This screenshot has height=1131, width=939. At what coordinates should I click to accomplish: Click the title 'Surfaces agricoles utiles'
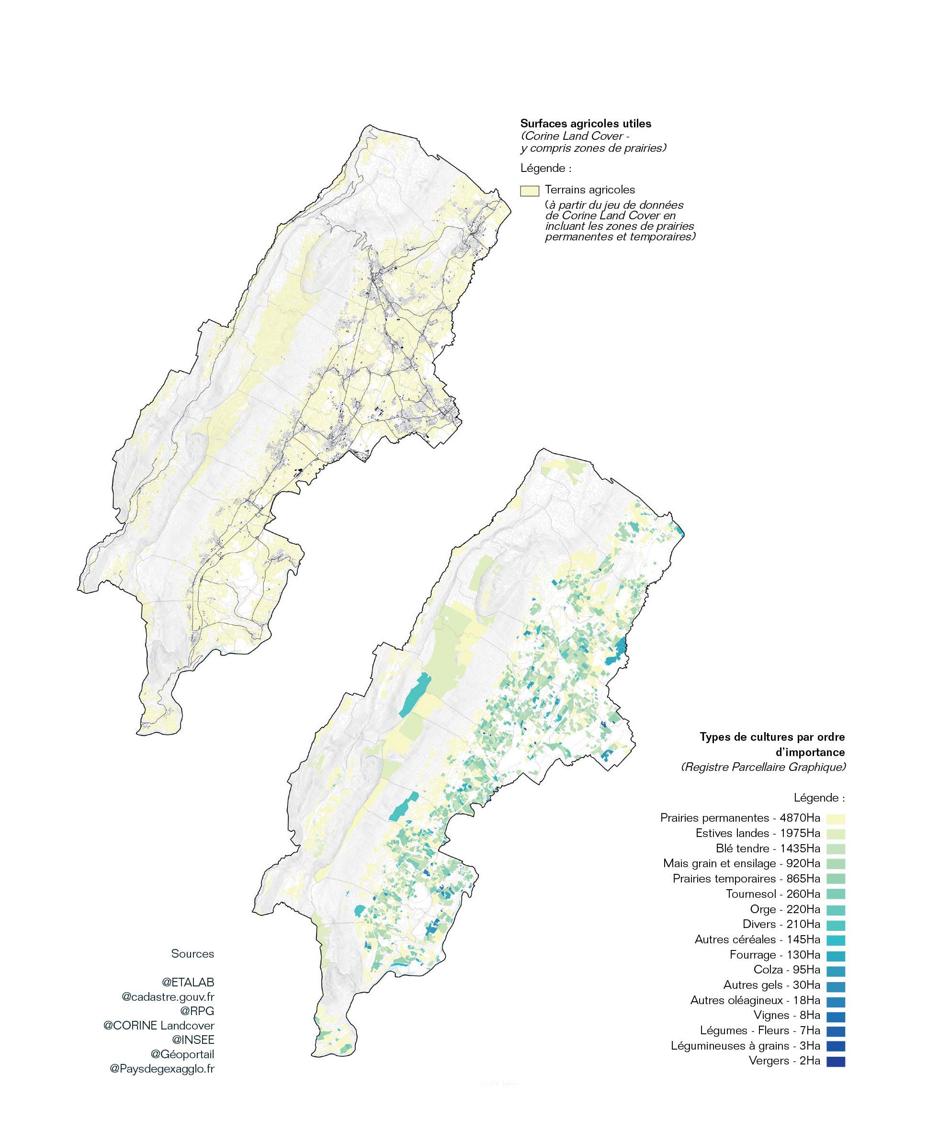(586, 124)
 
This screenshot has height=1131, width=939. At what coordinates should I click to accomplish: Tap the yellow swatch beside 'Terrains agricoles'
(530, 191)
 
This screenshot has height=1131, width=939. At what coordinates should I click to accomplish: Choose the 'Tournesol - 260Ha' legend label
(772, 894)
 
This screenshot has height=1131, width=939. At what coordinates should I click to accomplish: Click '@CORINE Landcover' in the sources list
(159, 1026)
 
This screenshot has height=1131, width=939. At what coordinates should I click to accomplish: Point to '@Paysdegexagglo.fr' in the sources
(162, 1069)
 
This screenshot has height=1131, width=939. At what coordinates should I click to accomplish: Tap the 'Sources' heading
(192, 953)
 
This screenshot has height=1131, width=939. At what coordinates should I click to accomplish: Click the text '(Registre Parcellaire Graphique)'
(763, 767)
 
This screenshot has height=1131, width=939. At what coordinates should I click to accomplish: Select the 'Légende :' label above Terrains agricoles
(546, 168)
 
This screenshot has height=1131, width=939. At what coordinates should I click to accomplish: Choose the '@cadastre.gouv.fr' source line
(168, 997)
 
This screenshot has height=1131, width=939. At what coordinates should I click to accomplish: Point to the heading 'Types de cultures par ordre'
(772, 737)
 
